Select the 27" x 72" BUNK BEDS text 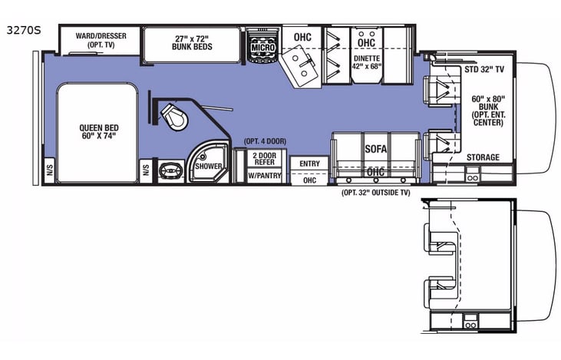tap(192, 41)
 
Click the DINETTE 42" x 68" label tap(366, 62)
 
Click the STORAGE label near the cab tap(483, 157)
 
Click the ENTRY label tap(310, 163)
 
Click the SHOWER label tap(208, 167)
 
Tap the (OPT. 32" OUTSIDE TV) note tap(376, 193)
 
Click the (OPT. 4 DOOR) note tap(265, 142)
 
